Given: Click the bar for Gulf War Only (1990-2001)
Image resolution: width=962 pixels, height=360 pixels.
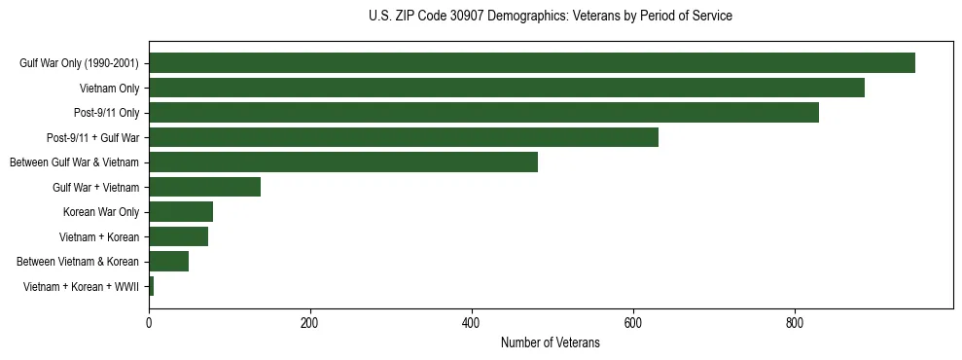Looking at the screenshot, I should tap(531, 63).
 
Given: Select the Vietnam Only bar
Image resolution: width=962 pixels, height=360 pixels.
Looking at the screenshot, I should tap(506, 88).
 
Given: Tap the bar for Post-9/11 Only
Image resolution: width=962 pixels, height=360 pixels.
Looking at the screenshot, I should tap(483, 113).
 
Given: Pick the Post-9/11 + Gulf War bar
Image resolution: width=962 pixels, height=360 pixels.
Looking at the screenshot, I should tap(403, 137).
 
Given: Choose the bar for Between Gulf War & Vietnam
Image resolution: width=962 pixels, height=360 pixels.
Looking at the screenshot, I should tap(342, 162).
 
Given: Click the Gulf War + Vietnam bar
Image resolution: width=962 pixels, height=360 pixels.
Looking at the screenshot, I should tap(204, 187).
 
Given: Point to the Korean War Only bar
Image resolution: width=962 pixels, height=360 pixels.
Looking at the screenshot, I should tap(181, 212).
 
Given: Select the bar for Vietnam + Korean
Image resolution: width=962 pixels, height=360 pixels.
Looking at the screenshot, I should tap(178, 236).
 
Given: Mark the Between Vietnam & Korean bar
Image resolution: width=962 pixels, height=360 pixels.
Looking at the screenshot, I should tap(168, 262).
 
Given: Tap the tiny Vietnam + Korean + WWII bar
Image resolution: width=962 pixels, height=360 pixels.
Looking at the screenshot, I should tap(151, 286).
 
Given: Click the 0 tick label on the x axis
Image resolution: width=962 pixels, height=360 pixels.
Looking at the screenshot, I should tap(149, 323).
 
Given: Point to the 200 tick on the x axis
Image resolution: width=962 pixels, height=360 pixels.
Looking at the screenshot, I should tap(310, 323).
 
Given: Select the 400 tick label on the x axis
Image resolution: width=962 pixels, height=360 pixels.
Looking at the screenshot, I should tap(472, 323).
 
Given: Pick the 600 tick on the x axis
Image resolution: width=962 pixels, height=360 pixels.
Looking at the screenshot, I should tap(633, 323).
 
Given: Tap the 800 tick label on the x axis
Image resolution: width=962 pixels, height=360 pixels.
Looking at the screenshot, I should tap(795, 323).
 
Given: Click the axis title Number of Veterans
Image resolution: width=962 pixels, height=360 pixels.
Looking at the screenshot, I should tap(550, 343).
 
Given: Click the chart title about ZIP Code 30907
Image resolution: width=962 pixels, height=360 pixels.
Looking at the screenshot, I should tap(550, 17).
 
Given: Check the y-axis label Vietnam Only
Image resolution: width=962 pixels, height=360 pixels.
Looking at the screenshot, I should tap(109, 89).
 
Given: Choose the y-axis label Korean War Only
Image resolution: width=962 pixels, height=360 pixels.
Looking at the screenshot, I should tap(101, 212).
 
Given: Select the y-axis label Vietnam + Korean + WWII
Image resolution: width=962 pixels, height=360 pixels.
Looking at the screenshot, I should tap(81, 287).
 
